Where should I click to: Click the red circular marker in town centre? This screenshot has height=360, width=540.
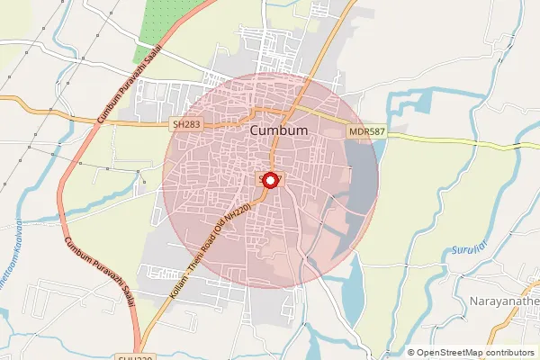pos(271,180)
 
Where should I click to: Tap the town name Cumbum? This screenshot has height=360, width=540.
pos(278,131)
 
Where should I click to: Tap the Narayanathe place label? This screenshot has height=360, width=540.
pos(504,300)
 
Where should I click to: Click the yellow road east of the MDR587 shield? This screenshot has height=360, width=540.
pos(450,139)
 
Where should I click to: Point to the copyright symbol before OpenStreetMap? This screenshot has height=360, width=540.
pos(411,353)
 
